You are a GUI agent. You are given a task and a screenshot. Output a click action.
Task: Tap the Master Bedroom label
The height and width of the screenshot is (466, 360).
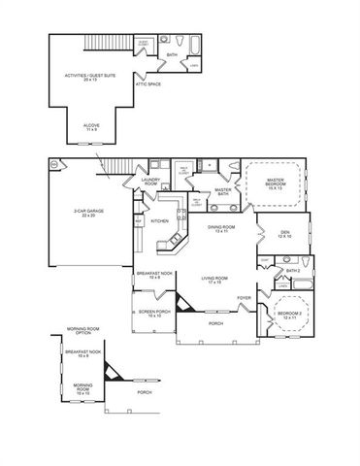pos(275,182)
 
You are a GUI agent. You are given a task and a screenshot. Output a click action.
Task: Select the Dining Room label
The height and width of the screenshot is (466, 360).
pos(220,229)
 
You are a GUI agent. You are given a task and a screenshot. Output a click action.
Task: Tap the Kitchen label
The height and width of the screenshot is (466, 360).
pos(159,220)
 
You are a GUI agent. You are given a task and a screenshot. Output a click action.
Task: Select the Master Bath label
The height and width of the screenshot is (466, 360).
pos(222,191)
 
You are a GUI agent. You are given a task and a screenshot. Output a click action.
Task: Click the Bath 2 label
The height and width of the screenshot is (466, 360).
pos(293,271)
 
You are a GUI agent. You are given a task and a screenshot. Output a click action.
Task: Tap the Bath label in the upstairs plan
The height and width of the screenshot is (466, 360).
pos(171,55)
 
